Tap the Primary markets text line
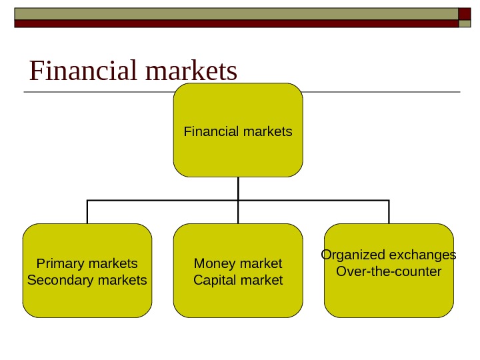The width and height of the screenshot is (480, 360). (x=87, y=263)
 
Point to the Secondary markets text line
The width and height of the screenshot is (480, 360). (x=87, y=280)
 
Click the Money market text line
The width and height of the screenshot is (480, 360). (x=238, y=263)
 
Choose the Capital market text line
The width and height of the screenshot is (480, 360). (x=238, y=280)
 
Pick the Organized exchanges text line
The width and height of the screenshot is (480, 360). (x=389, y=255)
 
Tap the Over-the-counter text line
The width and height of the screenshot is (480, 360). (x=389, y=272)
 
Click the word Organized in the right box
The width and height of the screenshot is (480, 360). (x=353, y=255)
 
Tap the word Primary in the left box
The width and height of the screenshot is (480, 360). (x=57, y=263)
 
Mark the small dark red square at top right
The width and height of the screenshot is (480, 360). (x=465, y=14)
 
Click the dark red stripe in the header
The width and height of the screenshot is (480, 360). (x=233, y=23)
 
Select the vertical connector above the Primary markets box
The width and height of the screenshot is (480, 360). (x=87, y=212)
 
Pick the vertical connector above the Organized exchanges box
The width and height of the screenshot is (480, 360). (x=389, y=212)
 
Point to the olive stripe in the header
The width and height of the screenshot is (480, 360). (x=233, y=13)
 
